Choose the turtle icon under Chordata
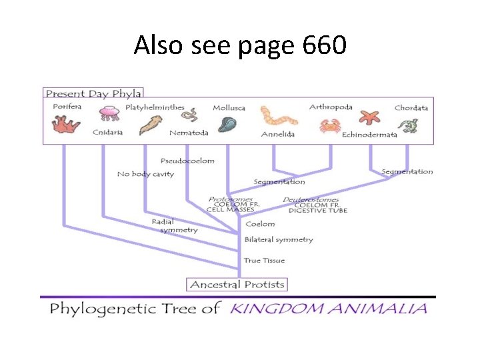click(408, 125)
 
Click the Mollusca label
click(229, 108)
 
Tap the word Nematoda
click(189, 133)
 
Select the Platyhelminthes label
click(155, 107)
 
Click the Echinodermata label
click(369, 135)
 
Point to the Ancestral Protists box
click(237, 285)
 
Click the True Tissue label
click(264, 261)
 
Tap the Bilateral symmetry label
click(279, 239)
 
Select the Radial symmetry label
click(175, 225)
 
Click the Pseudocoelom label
click(188, 161)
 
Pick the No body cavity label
click(145, 174)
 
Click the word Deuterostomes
click(311, 199)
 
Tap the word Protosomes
click(230, 199)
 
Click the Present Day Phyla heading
click(93, 93)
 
